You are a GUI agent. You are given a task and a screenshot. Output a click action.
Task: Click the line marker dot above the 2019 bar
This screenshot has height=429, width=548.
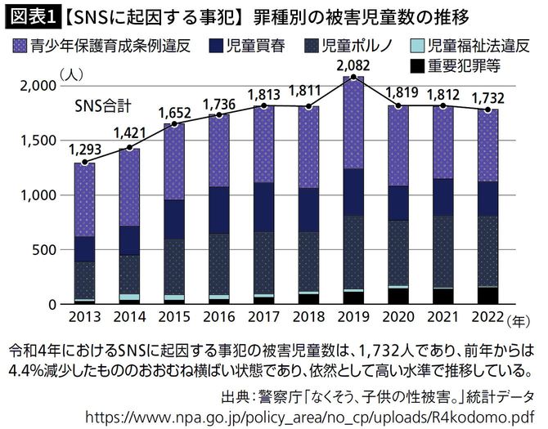(353, 77)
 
